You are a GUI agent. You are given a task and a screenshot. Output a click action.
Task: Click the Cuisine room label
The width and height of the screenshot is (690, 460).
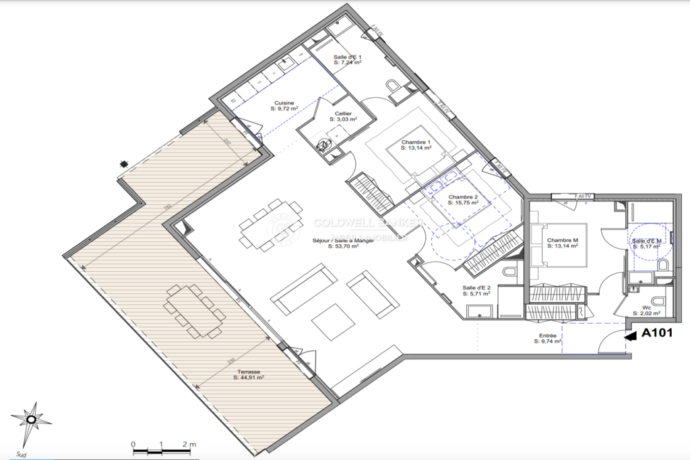283,103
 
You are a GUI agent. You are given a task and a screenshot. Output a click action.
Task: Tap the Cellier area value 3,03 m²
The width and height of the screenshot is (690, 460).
343,119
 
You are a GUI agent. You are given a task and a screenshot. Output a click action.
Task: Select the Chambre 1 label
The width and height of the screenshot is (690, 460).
416,142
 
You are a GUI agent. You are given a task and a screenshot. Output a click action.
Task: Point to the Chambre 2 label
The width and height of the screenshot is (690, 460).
463,196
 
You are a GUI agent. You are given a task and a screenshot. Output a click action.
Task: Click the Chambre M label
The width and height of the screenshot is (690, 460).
562,240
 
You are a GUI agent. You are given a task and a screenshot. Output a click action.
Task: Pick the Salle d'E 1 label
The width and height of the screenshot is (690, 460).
348,57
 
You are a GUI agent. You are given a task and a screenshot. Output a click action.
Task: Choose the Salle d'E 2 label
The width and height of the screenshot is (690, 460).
475,287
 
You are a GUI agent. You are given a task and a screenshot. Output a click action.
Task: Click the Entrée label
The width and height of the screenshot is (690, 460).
547,335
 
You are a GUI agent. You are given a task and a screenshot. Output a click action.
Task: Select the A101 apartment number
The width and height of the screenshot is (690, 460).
658,333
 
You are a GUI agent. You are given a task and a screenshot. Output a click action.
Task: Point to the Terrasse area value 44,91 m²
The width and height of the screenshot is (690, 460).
248,378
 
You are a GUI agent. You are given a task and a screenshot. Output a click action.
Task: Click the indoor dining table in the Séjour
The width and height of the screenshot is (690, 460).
271,224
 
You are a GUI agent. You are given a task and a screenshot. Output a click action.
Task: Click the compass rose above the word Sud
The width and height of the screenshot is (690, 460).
31,420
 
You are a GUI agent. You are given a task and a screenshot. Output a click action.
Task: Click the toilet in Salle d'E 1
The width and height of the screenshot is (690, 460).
394,86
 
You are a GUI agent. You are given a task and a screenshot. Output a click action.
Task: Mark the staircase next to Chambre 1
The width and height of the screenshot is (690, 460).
371,190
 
